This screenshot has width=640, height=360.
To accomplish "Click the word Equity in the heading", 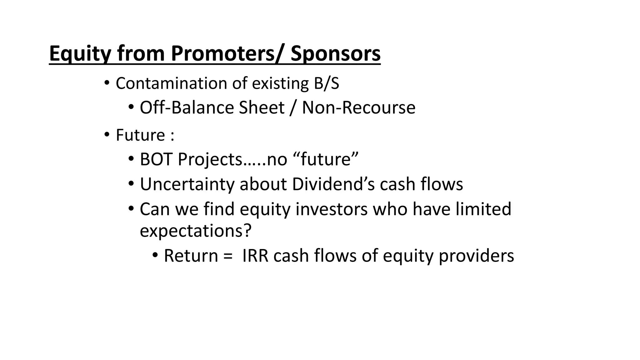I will click(80, 54).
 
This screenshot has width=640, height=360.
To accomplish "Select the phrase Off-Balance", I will click(187, 108).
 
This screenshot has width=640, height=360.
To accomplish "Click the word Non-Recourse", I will click(358, 108).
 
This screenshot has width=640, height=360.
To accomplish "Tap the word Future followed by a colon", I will click(140, 135).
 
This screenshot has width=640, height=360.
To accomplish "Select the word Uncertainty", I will click(187, 184).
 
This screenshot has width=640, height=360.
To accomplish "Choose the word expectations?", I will click(196, 231).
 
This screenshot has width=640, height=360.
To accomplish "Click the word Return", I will click(191, 256).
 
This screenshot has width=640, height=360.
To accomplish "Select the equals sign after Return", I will click(228, 256).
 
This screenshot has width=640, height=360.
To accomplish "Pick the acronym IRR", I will click(255, 256).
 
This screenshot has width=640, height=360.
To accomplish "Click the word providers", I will click(476, 256).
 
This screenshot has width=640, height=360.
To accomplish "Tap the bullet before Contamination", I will click(107, 83).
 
